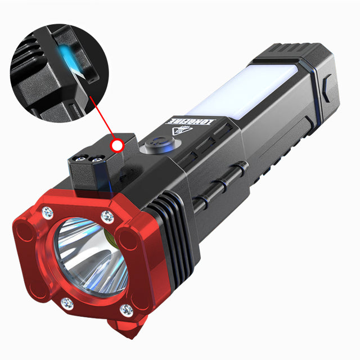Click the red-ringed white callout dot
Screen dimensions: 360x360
[x=118, y=146]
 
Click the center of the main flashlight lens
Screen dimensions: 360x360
[x=90, y=256]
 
